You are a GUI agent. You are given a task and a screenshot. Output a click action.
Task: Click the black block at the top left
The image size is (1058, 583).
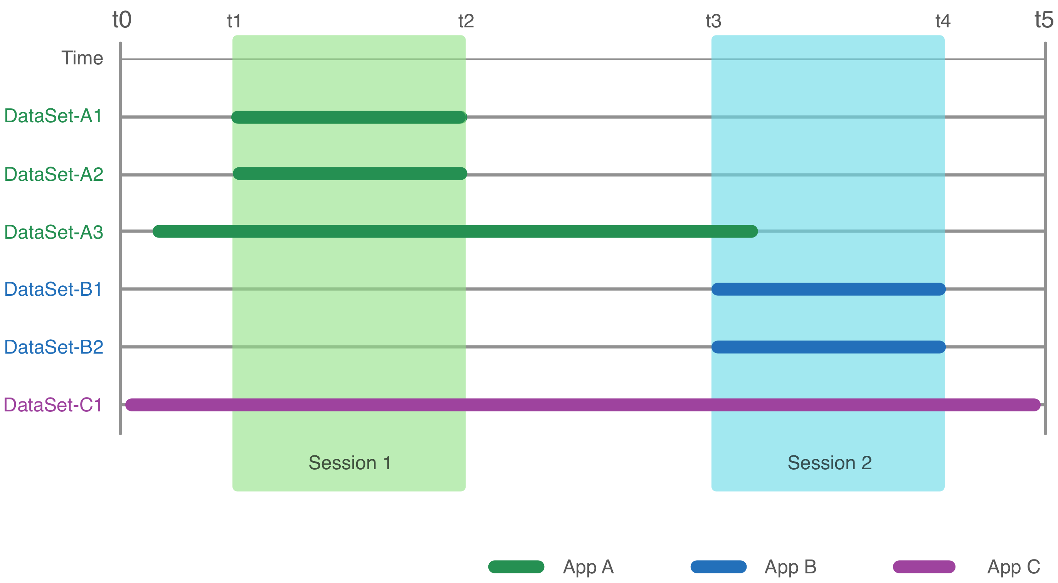(90, 57)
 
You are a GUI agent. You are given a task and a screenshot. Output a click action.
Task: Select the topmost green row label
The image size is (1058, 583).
(62, 115)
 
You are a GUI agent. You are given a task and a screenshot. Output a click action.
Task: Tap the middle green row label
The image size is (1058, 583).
(62, 174)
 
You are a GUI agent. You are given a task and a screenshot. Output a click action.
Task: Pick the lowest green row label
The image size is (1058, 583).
(62, 232)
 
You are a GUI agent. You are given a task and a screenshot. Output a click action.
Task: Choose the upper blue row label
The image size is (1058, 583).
(62, 289)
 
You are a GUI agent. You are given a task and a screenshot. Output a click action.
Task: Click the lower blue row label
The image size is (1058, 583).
(62, 347)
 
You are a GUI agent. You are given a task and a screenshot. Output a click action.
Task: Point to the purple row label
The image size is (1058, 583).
(62, 405)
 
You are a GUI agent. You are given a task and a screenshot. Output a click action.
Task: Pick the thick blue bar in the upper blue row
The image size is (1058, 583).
(828, 289)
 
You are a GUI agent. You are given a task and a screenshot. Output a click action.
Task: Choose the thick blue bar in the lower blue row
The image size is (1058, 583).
(828, 347)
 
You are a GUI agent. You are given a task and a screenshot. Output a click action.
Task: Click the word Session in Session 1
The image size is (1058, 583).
(343, 463)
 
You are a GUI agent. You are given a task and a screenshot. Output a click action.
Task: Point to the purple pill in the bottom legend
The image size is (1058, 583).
(920, 567)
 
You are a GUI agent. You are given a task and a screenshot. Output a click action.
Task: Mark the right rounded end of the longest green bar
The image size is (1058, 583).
(752, 231)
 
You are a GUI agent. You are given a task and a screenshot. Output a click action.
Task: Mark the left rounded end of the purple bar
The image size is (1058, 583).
(131, 405)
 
